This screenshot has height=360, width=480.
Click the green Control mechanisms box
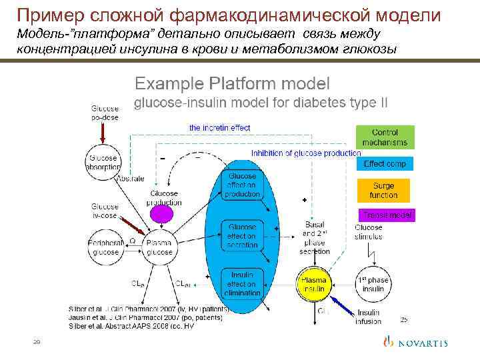coord(385,137)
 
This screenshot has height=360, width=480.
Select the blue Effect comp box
coord(385,163)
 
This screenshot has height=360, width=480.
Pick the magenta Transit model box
coord(387,215)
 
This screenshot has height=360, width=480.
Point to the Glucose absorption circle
coord(102,162)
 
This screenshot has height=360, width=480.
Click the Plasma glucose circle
coord(159,247)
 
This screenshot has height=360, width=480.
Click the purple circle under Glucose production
coord(162,213)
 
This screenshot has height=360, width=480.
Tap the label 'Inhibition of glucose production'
coord(306,153)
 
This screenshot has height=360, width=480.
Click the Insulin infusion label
coord(369,317)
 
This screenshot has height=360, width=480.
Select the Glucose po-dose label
coord(105,112)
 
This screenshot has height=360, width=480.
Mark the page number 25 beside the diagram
coord(403,319)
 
